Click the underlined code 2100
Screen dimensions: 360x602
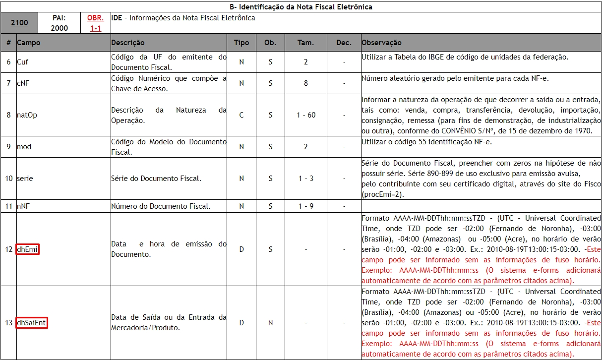(20, 23)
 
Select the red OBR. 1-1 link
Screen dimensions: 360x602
(96, 23)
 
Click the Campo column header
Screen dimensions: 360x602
(29, 43)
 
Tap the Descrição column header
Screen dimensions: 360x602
(128, 43)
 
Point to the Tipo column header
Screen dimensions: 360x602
(241, 43)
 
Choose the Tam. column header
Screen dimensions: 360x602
(305, 43)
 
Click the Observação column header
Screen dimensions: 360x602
(382, 43)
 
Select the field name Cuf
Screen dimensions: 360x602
(23, 62)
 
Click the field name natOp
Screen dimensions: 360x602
(27, 115)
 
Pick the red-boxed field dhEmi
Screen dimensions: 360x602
(27, 249)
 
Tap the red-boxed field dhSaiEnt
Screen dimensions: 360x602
(32, 323)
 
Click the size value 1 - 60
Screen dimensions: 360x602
(306, 115)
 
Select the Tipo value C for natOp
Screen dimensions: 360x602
(241, 115)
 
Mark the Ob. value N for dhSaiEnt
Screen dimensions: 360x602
(270, 323)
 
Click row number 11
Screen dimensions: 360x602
(9, 206)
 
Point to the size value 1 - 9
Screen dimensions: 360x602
(306, 206)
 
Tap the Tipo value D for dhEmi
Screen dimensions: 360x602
(241, 249)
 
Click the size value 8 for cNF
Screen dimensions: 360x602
(306, 83)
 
